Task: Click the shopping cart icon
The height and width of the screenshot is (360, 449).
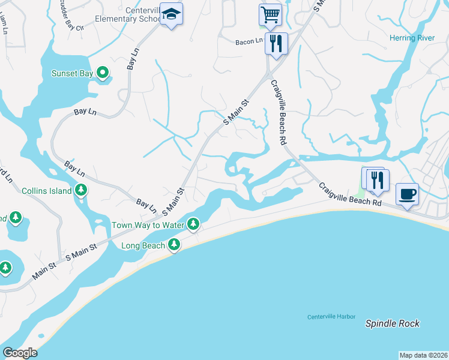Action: (270, 14)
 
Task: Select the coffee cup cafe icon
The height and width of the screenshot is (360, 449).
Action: (407, 194)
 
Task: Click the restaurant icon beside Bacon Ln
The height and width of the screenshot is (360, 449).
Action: (276, 43)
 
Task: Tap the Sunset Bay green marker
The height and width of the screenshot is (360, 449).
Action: (103, 73)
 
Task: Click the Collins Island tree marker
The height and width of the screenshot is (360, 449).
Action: (81, 191)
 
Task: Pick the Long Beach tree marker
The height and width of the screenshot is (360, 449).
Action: (173, 245)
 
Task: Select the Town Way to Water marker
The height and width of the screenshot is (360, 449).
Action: (193, 225)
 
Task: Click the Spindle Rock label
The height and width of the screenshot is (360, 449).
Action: (393, 323)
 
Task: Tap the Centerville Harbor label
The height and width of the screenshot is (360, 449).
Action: (331, 317)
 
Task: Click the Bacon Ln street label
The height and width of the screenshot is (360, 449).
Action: (249, 41)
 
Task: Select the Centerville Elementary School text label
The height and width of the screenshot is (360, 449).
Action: (129, 14)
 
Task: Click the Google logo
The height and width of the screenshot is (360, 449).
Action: (19, 353)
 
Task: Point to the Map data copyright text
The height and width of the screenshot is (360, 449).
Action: (423, 355)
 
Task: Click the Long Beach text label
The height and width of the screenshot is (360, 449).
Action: (142, 245)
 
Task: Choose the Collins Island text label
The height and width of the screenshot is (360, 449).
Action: (47, 191)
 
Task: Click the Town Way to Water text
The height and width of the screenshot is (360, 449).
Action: (147, 226)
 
